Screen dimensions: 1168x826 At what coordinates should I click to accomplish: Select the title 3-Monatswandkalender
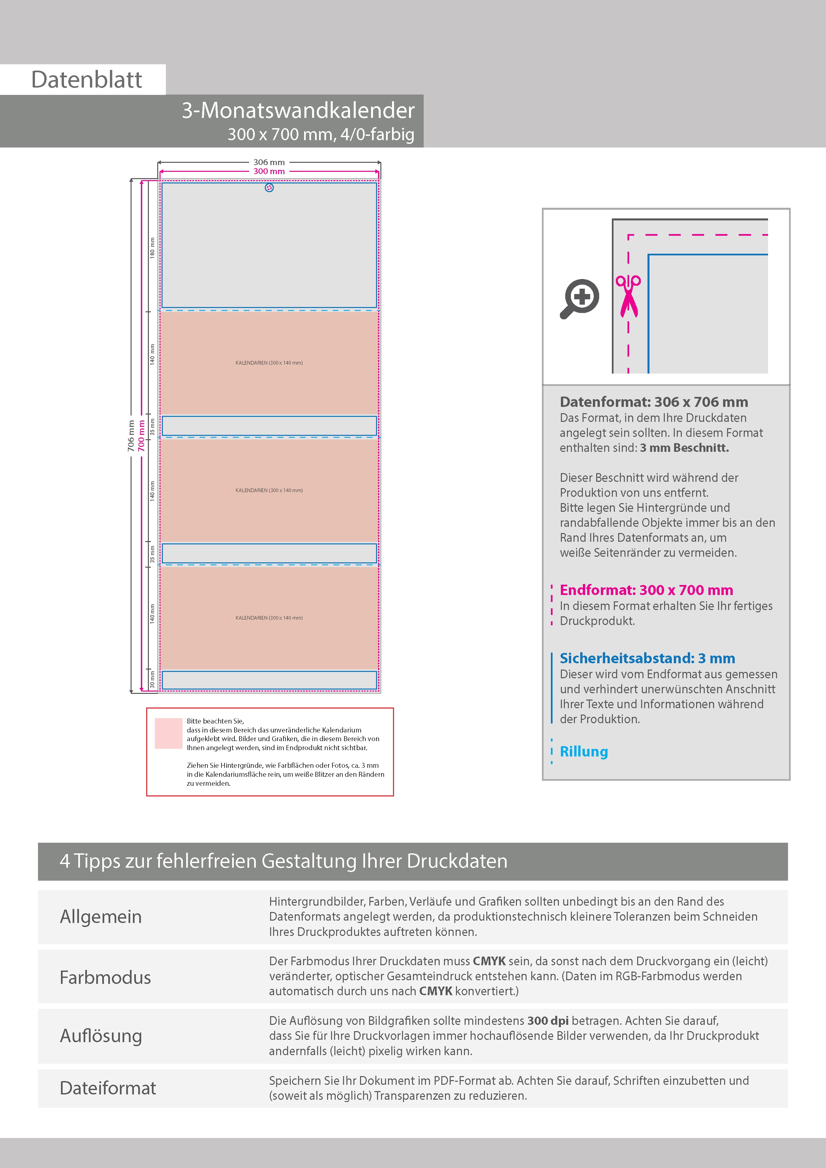[298, 111]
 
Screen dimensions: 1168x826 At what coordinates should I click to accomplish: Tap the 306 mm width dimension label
[269, 162]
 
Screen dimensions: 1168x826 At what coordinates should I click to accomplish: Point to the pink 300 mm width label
[269, 171]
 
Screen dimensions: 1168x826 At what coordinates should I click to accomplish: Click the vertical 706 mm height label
[131, 436]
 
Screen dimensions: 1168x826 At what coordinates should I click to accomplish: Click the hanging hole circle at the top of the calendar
[269, 188]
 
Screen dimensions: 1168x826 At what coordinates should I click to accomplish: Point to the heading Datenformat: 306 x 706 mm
[653, 402]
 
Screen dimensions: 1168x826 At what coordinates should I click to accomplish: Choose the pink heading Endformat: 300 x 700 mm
[646, 590]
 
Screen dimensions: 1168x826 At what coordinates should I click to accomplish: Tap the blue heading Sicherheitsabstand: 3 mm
[647, 658]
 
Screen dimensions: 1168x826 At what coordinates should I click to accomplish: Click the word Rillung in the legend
[584, 751]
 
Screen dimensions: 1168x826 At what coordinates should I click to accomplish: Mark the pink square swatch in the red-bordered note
[169, 733]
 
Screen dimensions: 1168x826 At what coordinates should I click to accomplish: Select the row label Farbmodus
[105, 977]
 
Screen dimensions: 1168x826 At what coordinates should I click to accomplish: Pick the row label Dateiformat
[108, 1088]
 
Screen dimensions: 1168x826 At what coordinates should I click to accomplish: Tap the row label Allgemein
[101, 916]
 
